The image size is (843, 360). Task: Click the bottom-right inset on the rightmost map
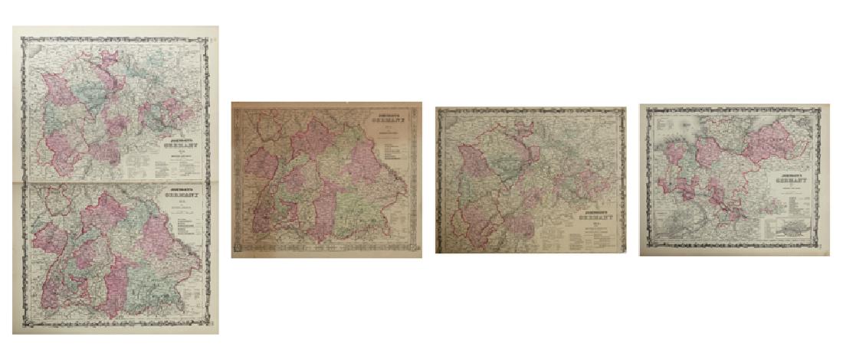coord(795,228)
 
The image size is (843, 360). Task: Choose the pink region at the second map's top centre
coord(313,138)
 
